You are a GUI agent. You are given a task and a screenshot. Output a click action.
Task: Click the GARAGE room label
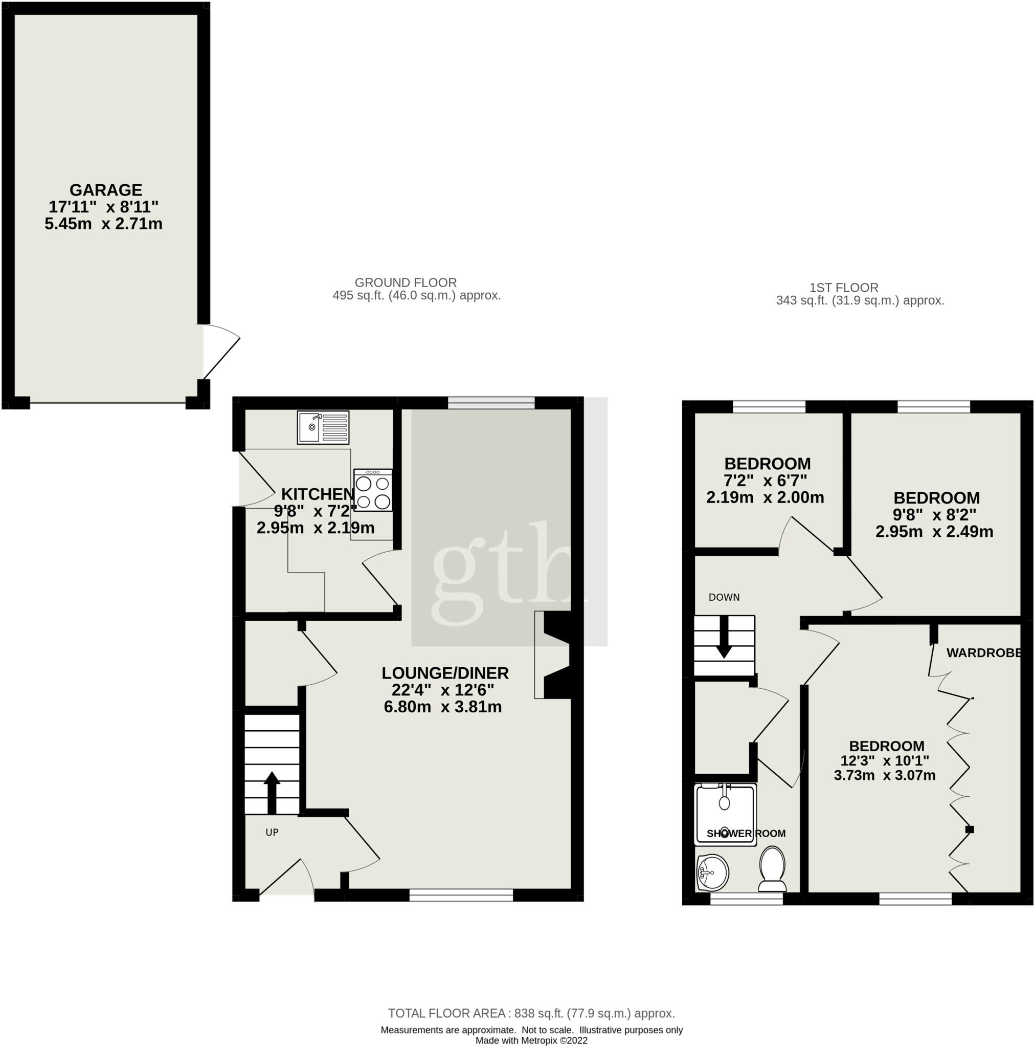point(106,190)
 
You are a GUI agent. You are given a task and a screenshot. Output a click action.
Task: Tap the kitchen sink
point(323,427)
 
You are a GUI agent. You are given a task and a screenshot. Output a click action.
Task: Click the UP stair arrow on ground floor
point(272,793)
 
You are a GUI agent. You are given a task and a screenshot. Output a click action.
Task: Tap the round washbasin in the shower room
point(712,873)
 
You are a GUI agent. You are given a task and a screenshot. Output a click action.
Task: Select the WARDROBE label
point(983,653)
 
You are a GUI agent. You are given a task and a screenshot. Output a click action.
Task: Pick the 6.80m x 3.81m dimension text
point(443,707)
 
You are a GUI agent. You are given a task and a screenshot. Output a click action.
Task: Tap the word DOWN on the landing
point(725,597)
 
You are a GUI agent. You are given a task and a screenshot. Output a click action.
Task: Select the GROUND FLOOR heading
point(406,282)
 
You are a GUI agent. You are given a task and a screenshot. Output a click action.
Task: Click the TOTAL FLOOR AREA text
point(531,1013)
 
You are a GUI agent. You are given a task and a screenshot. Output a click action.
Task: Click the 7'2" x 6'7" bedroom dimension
point(766,481)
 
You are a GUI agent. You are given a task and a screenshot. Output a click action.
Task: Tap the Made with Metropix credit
point(531,1041)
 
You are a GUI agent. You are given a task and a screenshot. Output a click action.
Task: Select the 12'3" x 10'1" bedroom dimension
point(885,761)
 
